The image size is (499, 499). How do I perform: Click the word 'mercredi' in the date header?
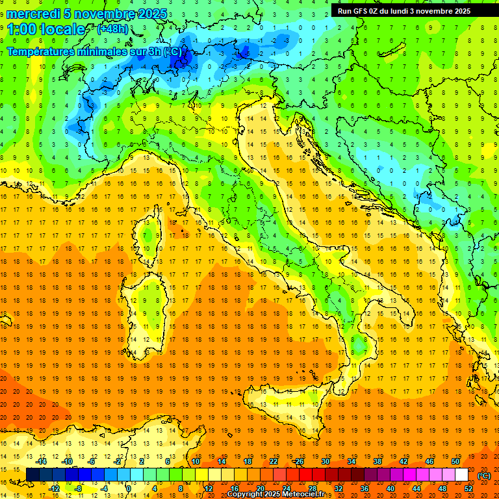coord(30,13)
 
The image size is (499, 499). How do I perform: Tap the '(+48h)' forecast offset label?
coord(112,29)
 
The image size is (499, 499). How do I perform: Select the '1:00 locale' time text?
coord(45,29)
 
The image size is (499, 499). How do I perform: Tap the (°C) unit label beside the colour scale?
coord(483,476)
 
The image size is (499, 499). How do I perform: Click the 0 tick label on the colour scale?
coord(128,489)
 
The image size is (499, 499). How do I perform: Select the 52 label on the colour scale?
coord(468,489)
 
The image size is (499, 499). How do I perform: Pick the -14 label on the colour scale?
coord(43,461)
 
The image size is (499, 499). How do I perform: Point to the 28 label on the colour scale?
coord(313,489)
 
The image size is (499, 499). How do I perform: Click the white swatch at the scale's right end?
coord(461,475)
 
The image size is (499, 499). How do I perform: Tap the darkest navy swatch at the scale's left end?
coord(32,475)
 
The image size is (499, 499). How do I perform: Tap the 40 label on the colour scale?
coord(390,489)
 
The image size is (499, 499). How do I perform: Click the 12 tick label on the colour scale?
coord(208,489)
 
